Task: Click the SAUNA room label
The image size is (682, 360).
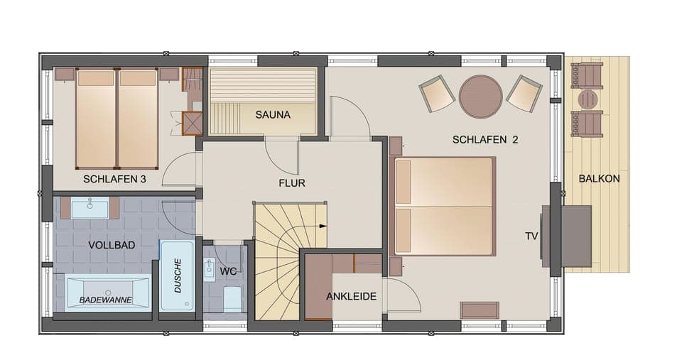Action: (273, 114)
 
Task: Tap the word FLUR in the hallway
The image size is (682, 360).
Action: (291, 183)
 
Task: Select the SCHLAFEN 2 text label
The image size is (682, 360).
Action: (485, 140)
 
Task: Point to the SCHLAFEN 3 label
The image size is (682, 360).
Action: (114, 179)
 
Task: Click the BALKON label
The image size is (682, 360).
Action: (598, 179)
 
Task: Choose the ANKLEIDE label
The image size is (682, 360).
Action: (351, 297)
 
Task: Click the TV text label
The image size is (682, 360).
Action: (531, 236)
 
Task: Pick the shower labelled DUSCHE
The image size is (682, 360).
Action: (176, 276)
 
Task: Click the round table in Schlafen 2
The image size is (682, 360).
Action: (480, 96)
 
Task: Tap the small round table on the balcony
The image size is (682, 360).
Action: (588, 99)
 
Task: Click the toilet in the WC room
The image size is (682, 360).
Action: (232, 299)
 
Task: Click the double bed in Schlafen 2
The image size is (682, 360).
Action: (443, 207)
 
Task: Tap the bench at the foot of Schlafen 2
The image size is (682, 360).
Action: (480, 310)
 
